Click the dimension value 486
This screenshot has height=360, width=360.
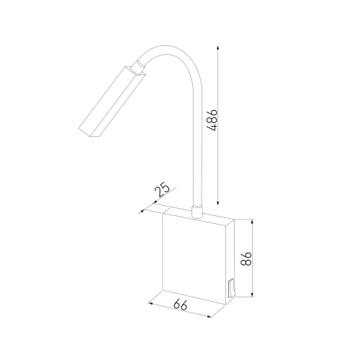[212, 120]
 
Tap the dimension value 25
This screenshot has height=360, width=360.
[162, 190]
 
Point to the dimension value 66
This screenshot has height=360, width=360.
[180, 305]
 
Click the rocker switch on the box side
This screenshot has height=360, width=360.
[231, 288]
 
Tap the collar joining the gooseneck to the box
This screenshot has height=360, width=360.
[197, 212]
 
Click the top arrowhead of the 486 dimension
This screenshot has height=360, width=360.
[217, 47]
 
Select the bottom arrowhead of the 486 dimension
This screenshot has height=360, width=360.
[217, 203]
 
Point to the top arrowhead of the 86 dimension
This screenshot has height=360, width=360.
[252, 221]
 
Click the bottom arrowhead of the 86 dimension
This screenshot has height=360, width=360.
[252, 294]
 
